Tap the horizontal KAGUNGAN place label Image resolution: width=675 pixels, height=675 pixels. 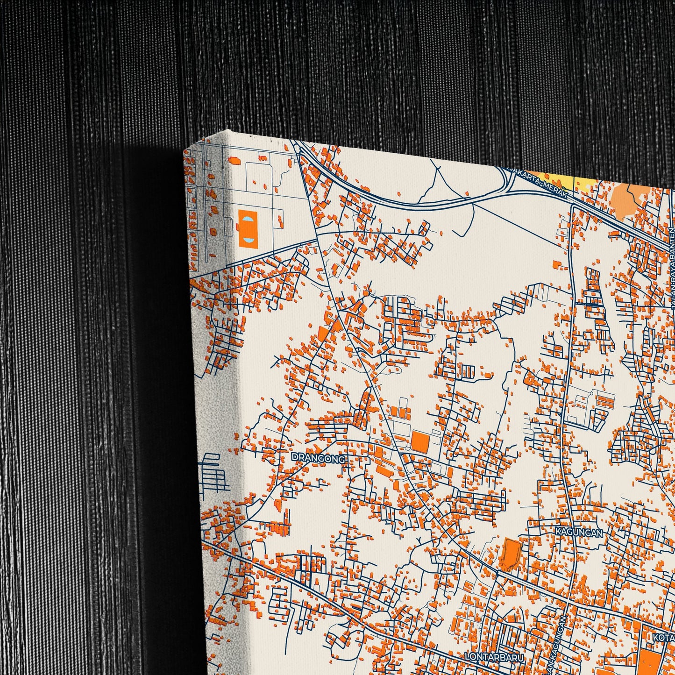pos(579,532)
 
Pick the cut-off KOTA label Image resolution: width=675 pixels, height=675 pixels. pos(665,637)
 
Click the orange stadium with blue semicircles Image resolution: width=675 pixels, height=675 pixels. pos(247,228)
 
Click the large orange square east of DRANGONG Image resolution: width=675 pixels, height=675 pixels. pos(420,441)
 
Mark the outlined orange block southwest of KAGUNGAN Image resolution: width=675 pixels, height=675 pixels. pos(510,553)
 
